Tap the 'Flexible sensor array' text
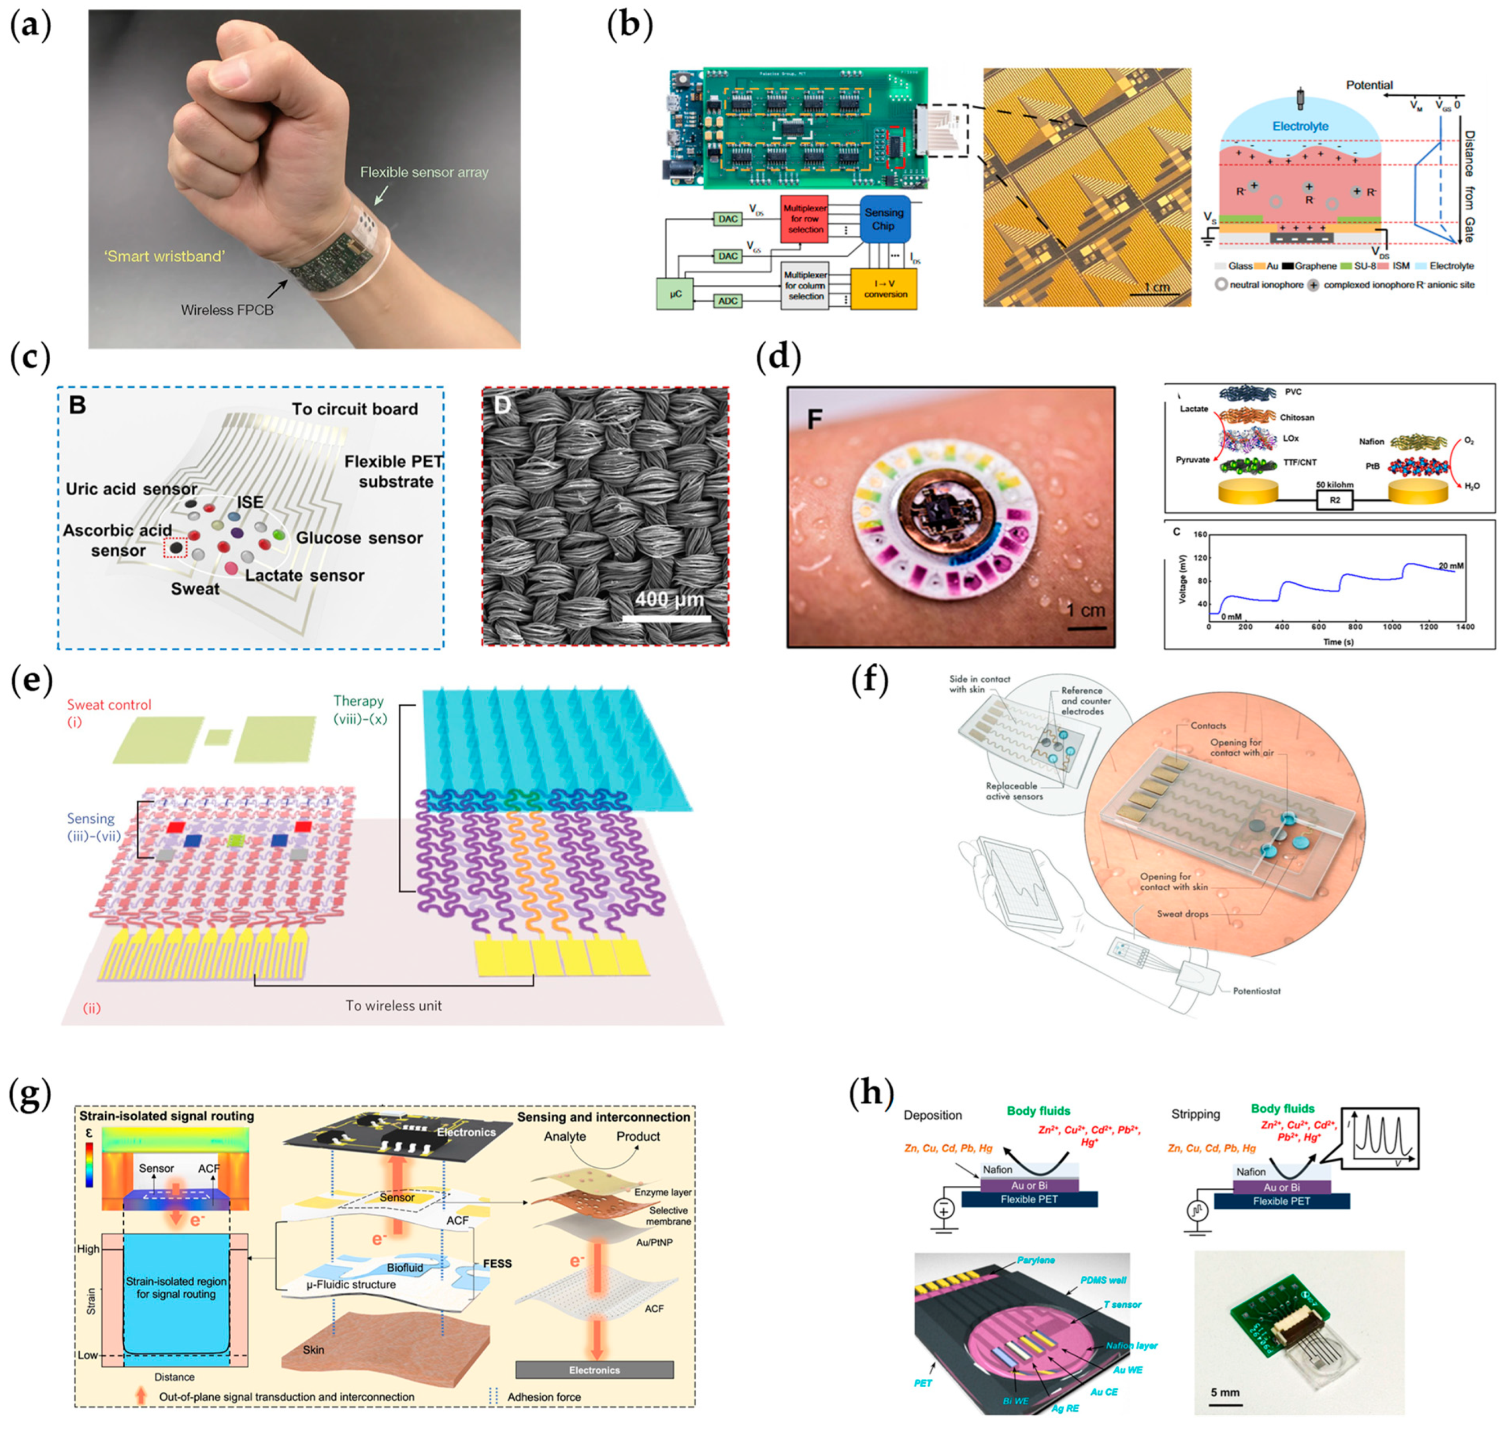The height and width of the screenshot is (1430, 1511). tap(424, 172)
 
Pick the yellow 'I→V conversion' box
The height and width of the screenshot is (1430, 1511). tap(885, 288)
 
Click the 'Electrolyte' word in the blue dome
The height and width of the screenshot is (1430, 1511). tap(1300, 127)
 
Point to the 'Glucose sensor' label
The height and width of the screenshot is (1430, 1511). tap(359, 538)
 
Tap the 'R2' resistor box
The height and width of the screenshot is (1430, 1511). tap(1334, 500)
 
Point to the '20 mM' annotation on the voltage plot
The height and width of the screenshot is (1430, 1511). tap(1450, 566)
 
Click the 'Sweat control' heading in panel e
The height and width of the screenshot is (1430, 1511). tap(109, 705)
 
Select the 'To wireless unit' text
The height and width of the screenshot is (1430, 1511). tap(393, 1006)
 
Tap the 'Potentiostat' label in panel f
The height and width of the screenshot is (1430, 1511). tap(1257, 991)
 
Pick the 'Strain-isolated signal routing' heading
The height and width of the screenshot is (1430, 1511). tap(167, 1116)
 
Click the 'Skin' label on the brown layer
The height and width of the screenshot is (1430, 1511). tap(313, 1350)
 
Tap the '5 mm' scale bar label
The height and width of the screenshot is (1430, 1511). tap(1225, 1392)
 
